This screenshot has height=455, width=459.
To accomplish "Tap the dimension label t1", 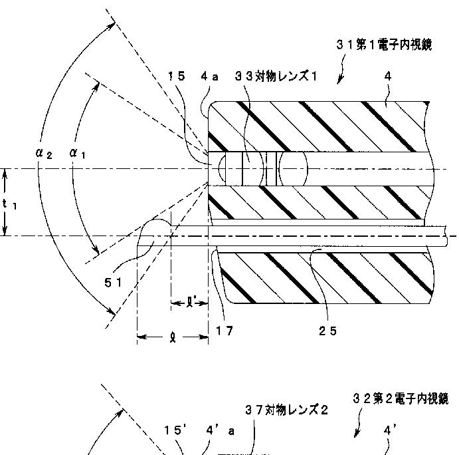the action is click(9, 205).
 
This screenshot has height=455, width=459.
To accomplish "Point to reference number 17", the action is click(225, 331).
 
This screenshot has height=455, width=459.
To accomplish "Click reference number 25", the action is click(328, 331).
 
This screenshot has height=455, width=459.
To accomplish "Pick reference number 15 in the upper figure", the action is click(176, 76).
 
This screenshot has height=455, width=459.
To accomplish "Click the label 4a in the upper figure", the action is click(210, 76).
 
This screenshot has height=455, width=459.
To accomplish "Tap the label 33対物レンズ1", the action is click(276, 76).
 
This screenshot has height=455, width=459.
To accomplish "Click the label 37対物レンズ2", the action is click(286, 410).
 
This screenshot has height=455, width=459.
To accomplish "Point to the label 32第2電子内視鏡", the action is click(401, 398).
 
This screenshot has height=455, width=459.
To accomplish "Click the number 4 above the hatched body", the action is click(388, 76).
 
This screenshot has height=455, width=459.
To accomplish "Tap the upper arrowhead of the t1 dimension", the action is click(5, 172).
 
